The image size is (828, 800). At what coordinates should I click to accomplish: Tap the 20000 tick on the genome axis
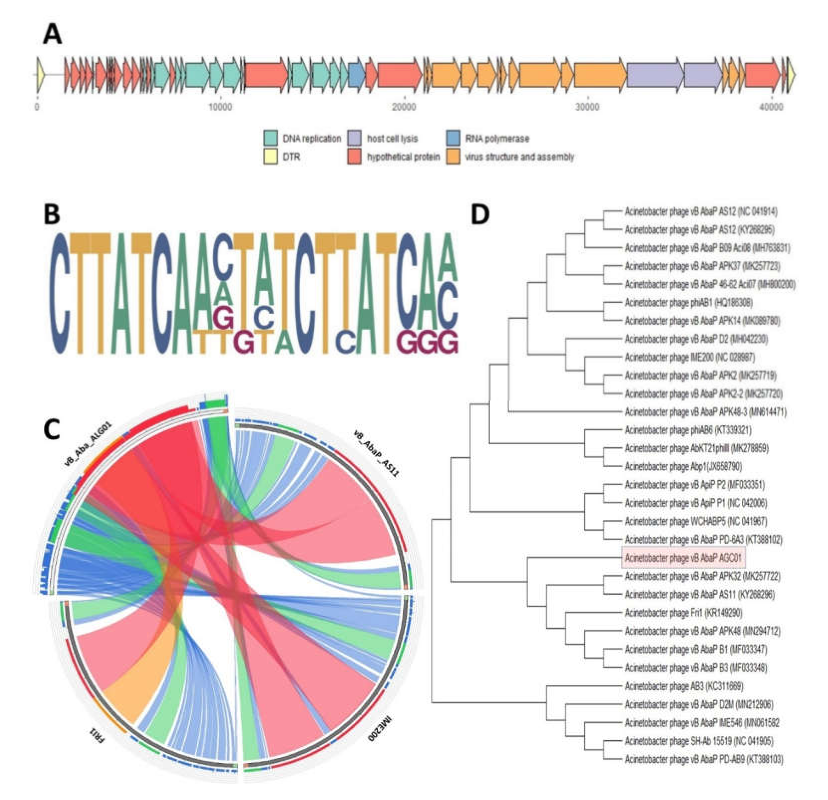point(404,107)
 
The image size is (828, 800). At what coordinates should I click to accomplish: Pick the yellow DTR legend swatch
point(270,157)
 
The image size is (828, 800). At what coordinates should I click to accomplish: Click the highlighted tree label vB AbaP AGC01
point(683,558)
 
